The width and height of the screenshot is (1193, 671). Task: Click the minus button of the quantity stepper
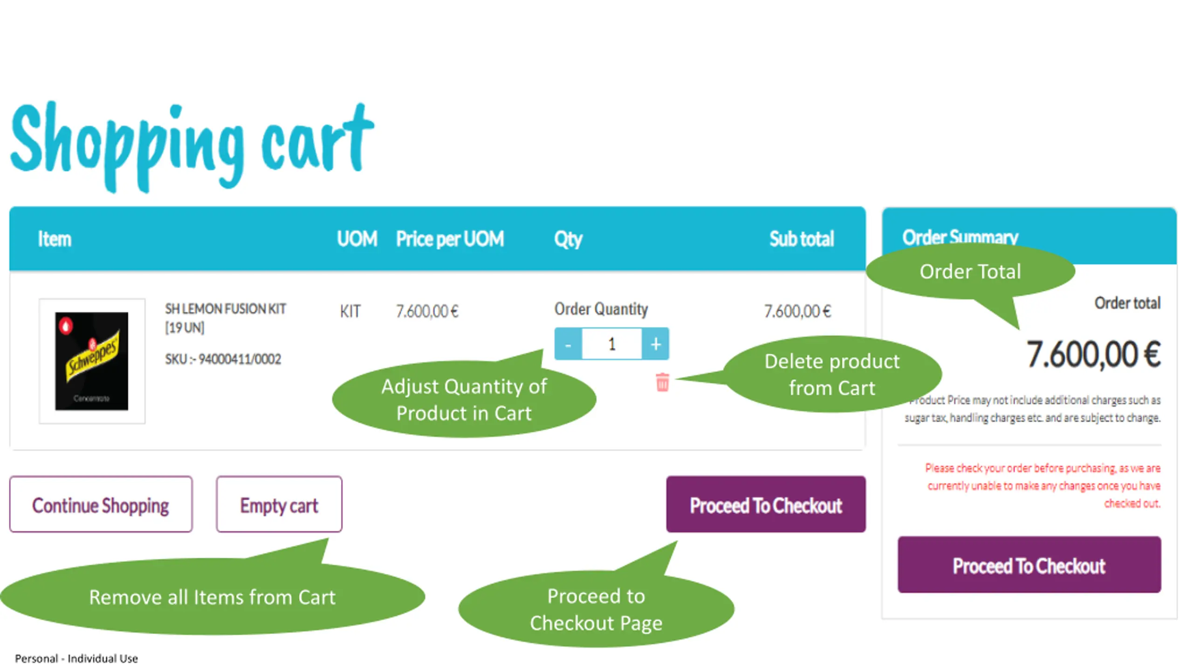(568, 344)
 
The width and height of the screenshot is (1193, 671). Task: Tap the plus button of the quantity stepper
(656, 344)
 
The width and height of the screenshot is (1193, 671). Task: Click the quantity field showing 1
(612, 344)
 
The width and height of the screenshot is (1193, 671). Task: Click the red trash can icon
(662, 382)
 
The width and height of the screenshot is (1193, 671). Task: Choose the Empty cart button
(279, 505)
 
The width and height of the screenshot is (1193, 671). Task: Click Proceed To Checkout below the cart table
(766, 505)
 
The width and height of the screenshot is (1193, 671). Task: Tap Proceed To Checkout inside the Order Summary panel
(1029, 565)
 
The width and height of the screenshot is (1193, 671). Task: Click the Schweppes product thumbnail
(92, 361)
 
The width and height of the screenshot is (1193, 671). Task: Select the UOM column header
(357, 239)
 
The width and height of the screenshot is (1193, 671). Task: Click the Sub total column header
(801, 239)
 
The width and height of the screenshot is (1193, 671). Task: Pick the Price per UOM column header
(450, 239)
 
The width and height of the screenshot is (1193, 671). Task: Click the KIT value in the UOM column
(350, 311)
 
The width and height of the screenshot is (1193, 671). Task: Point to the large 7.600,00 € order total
(1093, 355)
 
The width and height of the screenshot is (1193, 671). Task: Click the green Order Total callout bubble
(970, 272)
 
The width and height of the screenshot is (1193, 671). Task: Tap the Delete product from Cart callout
(832, 375)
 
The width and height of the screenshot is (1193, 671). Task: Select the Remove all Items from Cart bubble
(212, 597)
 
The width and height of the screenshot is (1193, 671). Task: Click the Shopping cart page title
(191, 144)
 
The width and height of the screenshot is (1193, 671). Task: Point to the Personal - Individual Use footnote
(76, 658)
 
